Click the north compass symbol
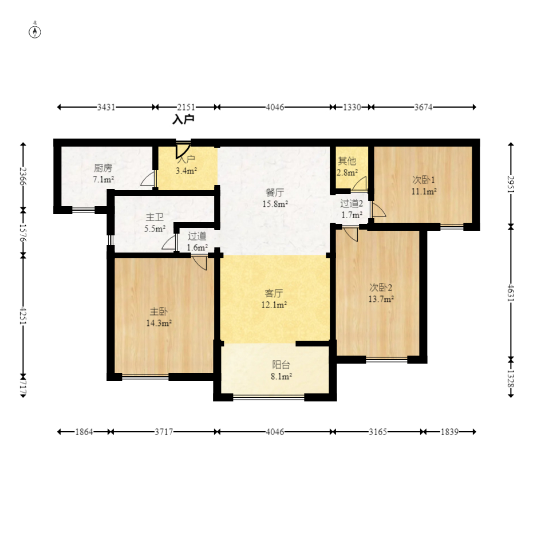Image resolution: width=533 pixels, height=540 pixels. (x=34, y=31)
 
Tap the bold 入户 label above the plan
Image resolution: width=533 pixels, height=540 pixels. (x=183, y=120)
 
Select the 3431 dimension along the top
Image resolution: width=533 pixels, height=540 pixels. (x=106, y=107)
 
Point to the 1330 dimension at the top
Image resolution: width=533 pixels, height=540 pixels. (x=352, y=107)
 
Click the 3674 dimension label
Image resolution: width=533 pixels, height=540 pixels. (x=423, y=107)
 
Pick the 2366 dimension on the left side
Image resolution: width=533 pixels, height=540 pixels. (x=23, y=176)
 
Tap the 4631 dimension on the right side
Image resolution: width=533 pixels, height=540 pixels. (x=511, y=293)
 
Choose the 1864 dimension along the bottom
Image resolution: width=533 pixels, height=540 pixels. (x=84, y=432)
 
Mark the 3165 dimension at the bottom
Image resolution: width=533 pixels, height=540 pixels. (x=378, y=432)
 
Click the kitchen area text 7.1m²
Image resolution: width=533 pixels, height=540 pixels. (x=103, y=179)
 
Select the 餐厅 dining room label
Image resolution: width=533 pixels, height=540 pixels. (x=275, y=192)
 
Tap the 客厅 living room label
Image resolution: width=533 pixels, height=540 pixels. (x=274, y=293)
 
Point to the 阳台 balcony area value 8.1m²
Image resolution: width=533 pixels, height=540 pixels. (x=281, y=376)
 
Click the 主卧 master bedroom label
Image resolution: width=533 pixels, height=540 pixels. (x=159, y=312)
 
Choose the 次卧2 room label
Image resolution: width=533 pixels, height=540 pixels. (x=381, y=287)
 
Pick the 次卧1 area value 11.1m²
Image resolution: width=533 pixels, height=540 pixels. (x=424, y=191)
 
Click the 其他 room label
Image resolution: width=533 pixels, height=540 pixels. (x=347, y=161)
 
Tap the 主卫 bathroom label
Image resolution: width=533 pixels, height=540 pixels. (x=155, y=217)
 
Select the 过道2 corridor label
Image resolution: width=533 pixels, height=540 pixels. (x=351, y=203)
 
